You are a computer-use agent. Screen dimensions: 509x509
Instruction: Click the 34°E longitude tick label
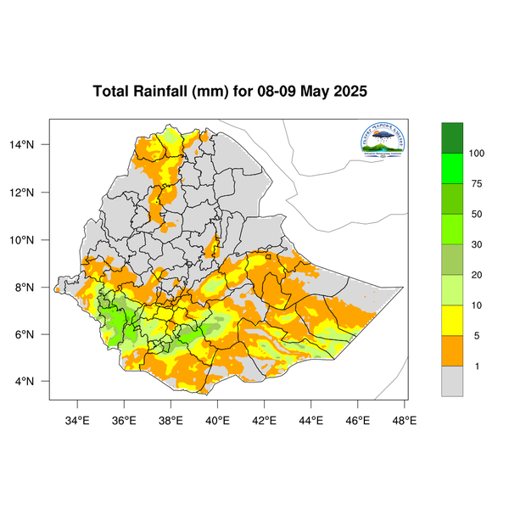tap(78, 418)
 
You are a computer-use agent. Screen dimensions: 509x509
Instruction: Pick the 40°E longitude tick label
tap(218, 418)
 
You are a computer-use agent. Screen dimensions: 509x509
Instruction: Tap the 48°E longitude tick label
tap(404, 418)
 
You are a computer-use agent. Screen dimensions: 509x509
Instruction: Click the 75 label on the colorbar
tap(476, 183)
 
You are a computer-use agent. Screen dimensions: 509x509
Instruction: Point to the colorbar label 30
tap(476, 244)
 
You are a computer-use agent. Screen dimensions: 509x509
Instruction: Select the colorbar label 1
tap(473, 366)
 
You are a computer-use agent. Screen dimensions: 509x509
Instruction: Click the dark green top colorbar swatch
tap(452, 137)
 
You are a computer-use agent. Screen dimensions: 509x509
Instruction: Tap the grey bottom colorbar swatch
tap(452, 381)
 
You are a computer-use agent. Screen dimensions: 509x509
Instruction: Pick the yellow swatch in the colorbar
tap(452, 320)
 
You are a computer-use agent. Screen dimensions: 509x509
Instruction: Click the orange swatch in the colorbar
tap(452, 350)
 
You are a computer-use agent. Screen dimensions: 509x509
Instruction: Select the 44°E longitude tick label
tap(311, 418)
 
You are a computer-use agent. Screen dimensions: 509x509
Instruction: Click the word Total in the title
tap(110, 92)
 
